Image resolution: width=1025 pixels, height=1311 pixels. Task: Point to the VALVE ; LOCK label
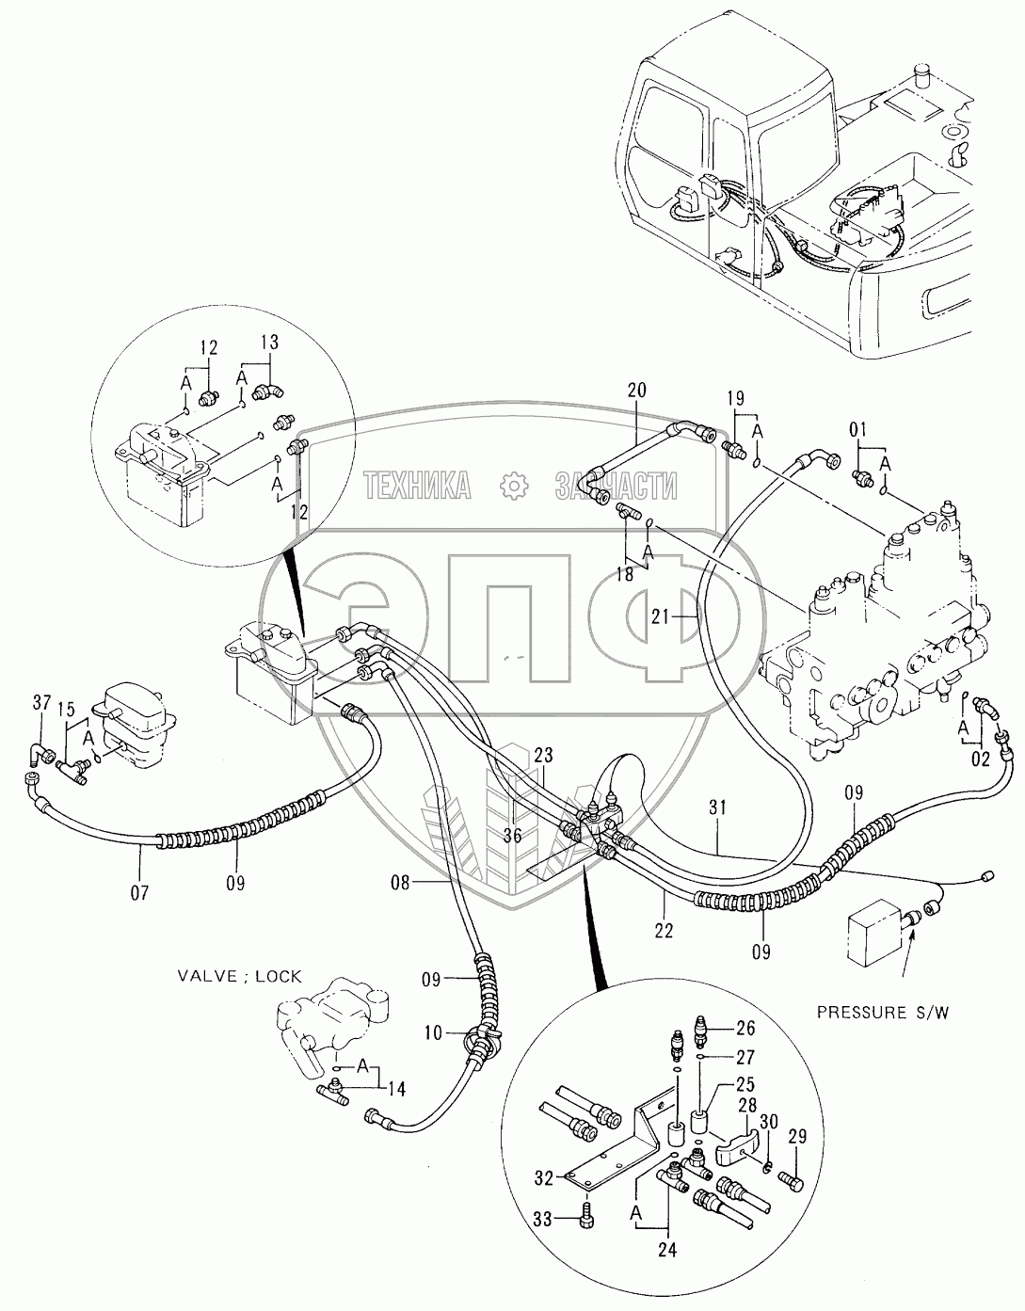[x=239, y=976]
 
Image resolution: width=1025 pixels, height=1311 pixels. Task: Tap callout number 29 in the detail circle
[x=797, y=1138]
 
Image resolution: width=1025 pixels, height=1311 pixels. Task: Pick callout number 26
[x=745, y=1027]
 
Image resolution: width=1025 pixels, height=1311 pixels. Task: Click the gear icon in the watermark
[x=513, y=486]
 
